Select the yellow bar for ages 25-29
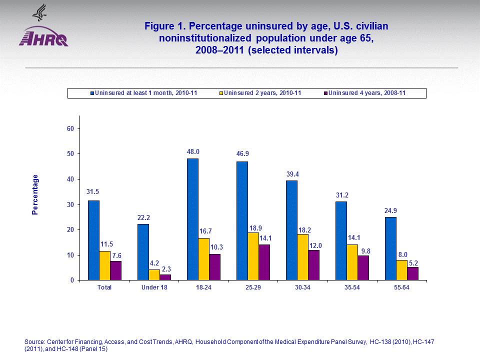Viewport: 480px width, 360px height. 253,256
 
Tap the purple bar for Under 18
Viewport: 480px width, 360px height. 165,277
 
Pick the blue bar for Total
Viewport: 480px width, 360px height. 93,240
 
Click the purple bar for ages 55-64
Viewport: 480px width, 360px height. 412,273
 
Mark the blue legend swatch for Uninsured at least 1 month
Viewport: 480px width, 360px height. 92,93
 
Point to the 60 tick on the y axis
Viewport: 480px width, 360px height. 70,128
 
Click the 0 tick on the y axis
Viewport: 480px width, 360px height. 72,280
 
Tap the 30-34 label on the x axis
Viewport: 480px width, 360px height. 303,287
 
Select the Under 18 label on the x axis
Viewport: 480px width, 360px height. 153,287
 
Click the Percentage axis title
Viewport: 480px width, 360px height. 35,194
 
